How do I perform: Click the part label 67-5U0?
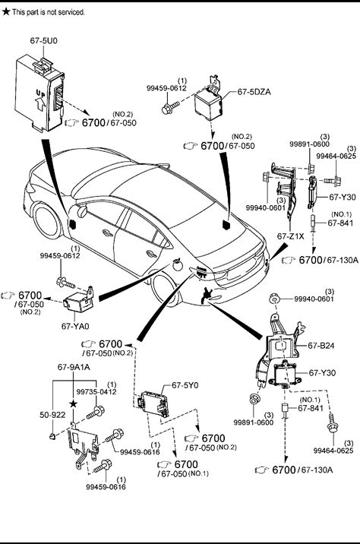(44, 40)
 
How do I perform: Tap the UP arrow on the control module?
(41, 103)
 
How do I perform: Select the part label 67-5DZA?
(254, 92)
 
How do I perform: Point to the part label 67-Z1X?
(290, 236)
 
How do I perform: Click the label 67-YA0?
(75, 326)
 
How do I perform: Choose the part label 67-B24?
(321, 346)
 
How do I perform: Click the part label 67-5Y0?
(185, 385)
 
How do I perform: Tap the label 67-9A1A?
(74, 367)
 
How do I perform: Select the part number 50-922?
(52, 415)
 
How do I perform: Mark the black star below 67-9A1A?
(73, 403)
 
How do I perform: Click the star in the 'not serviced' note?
(6, 11)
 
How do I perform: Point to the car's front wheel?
(47, 222)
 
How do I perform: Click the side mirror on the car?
(82, 211)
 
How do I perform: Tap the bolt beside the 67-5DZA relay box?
(170, 107)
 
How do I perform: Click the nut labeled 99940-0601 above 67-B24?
(275, 299)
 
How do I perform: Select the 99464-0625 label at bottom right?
(333, 451)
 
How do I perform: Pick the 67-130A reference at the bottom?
(317, 470)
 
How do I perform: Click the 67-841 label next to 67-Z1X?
(340, 223)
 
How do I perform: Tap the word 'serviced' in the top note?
(71, 12)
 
